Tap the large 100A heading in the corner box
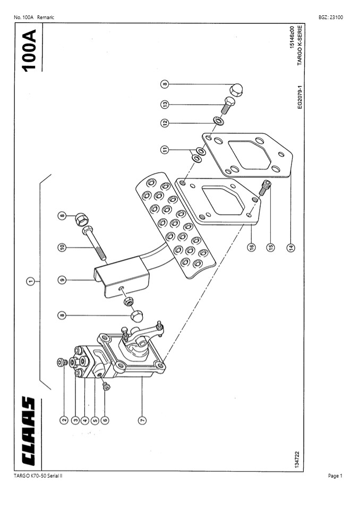click(x=29, y=50)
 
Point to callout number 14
click(x=290, y=247)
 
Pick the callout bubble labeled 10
click(x=62, y=247)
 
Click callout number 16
click(x=251, y=247)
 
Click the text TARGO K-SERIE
click(x=300, y=46)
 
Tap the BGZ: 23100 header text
click(x=330, y=18)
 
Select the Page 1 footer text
click(x=335, y=476)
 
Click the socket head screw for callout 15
click(x=265, y=187)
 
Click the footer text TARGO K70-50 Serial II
click(x=38, y=476)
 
